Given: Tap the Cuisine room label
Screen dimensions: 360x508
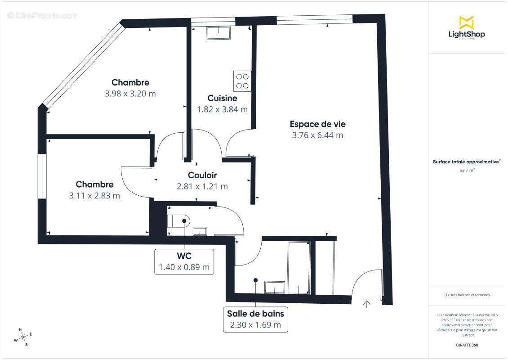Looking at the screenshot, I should click(x=222, y=98).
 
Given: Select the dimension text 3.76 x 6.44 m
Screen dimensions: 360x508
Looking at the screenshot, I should click(x=317, y=135).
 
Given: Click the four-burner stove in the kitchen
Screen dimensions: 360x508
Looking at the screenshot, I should click(x=242, y=81).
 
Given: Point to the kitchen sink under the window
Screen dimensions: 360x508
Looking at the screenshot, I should click(x=218, y=32).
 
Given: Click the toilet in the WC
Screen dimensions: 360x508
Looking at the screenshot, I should click(x=180, y=220).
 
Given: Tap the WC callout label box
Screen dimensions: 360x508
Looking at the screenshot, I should click(x=184, y=261).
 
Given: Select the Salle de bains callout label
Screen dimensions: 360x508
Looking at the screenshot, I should click(x=255, y=319).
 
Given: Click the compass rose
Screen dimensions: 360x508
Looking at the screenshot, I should click(x=22, y=337).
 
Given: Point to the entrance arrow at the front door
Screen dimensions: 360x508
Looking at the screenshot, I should click(x=366, y=304).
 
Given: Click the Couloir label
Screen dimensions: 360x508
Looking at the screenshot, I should click(x=202, y=175).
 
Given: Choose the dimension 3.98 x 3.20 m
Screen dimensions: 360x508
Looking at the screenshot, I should click(x=130, y=94).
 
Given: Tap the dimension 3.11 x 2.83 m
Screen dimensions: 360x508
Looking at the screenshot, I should click(x=94, y=195).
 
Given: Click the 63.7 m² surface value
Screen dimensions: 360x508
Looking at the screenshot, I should click(x=468, y=170).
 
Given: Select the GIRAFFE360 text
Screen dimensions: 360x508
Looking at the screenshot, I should click(x=468, y=344).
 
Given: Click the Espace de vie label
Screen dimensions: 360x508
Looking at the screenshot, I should click(x=317, y=124).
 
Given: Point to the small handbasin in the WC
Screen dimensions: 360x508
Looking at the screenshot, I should click(x=200, y=231).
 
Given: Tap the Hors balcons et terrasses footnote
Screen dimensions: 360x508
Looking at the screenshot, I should click(x=468, y=295).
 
